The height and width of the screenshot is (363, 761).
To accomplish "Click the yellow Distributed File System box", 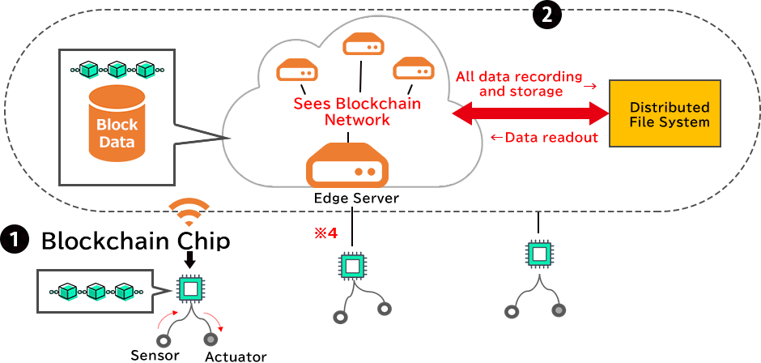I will (669, 113).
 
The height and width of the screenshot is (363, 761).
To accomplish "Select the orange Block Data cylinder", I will (117, 125).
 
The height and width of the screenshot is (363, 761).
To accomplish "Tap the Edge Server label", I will (352, 199).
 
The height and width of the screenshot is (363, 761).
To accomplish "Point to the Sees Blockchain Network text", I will (357, 112).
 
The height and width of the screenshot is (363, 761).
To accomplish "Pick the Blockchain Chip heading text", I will (135, 241).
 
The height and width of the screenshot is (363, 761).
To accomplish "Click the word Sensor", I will (155, 354).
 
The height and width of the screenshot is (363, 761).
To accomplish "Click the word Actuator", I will (236, 356).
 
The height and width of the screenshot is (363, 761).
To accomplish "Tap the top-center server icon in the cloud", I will (362, 45).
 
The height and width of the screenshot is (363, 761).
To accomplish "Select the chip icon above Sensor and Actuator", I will (190, 289).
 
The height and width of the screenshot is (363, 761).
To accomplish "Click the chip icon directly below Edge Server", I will (351, 266).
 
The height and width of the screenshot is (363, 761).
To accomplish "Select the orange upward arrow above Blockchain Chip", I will (188, 212).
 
